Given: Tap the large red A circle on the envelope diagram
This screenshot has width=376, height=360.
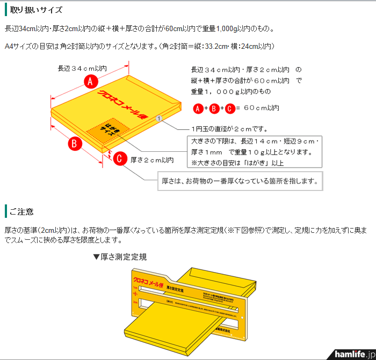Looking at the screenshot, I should (x=91, y=82).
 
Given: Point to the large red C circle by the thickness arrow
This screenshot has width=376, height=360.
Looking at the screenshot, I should (x=121, y=158).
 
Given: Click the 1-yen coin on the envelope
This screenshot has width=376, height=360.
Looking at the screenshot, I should (x=159, y=117).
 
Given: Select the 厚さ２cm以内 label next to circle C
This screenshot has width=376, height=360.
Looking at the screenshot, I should (x=152, y=159).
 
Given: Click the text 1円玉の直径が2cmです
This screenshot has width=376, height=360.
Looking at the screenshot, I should (x=229, y=129).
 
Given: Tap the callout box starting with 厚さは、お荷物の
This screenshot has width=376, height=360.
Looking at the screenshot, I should (x=240, y=181).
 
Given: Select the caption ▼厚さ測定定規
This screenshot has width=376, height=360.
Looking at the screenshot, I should (x=120, y=257).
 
